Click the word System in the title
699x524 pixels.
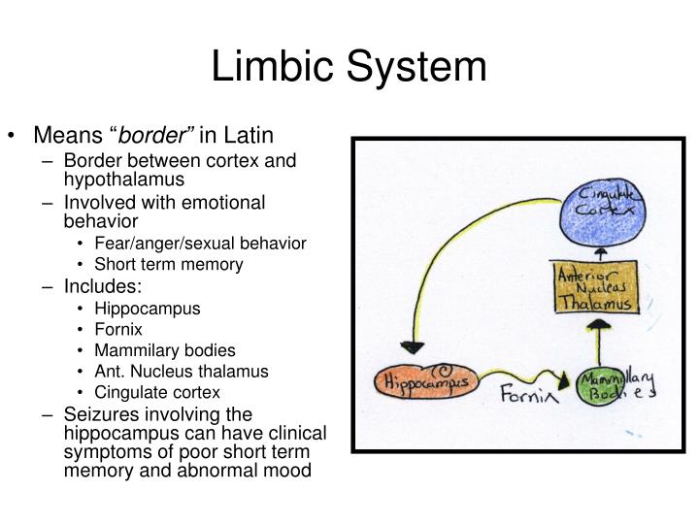(x=416, y=66)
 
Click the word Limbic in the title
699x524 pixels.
(x=273, y=66)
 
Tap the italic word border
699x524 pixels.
(x=151, y=135)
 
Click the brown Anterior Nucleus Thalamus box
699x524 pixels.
(x=597, y=287)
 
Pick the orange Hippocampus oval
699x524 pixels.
(x=426, y=381)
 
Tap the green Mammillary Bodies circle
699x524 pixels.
(x=599, y=386)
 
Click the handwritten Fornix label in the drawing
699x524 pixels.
(x=529, y=394)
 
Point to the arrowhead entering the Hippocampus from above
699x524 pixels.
(x=413, y=347)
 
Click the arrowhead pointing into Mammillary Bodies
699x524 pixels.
(x=564, y=380)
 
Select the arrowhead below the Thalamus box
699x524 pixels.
(x=599, y=325)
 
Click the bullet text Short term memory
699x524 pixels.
(x=169, y=264)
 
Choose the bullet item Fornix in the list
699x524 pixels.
(x=118, y=329)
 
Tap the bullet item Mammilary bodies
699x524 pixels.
(x=165, y=350)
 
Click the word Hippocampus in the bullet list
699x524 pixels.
(x=148, y=309)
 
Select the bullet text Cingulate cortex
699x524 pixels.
(x=157, y=392)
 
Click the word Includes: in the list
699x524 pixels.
(x=103, y=286)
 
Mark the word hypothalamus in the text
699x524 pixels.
(x=124, y=180)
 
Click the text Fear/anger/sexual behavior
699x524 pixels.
(x=201, y=244)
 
